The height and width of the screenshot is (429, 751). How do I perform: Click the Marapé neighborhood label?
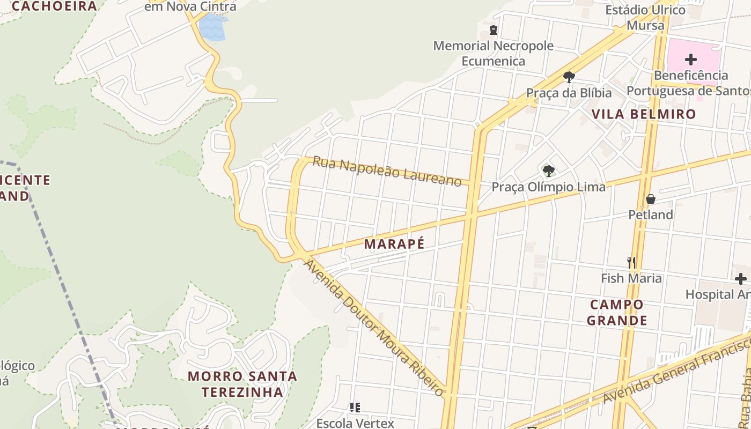(394, 244)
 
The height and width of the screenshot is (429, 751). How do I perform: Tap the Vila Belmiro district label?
(644, 114)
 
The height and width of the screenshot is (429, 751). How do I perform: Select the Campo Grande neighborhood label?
(616, 313)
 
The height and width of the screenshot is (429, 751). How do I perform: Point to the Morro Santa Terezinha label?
(242, 384)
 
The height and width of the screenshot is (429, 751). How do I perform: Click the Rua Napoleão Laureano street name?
(387, 171)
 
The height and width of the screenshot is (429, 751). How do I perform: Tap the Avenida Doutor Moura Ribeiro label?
(374, 328)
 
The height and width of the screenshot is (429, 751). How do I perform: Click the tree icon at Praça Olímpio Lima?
(548, 171)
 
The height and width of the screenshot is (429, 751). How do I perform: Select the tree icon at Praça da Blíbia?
(569, 77)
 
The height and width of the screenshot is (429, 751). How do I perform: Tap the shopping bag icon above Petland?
(651, 199)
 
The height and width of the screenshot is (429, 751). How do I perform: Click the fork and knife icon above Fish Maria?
(631, 263)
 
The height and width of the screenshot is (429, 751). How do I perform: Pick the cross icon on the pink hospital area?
(691, 59)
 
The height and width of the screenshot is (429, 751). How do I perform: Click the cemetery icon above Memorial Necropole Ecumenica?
(494, 30)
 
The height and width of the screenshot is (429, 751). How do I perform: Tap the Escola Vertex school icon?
(355, 408)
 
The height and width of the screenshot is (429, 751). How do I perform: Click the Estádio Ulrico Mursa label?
(645, 18)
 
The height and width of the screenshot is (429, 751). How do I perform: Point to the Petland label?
(651, 215)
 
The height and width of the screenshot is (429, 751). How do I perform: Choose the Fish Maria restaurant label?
(631, 278)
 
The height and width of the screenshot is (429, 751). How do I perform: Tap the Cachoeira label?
(54, 6)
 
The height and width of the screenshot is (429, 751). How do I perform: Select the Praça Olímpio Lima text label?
(548, 187)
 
